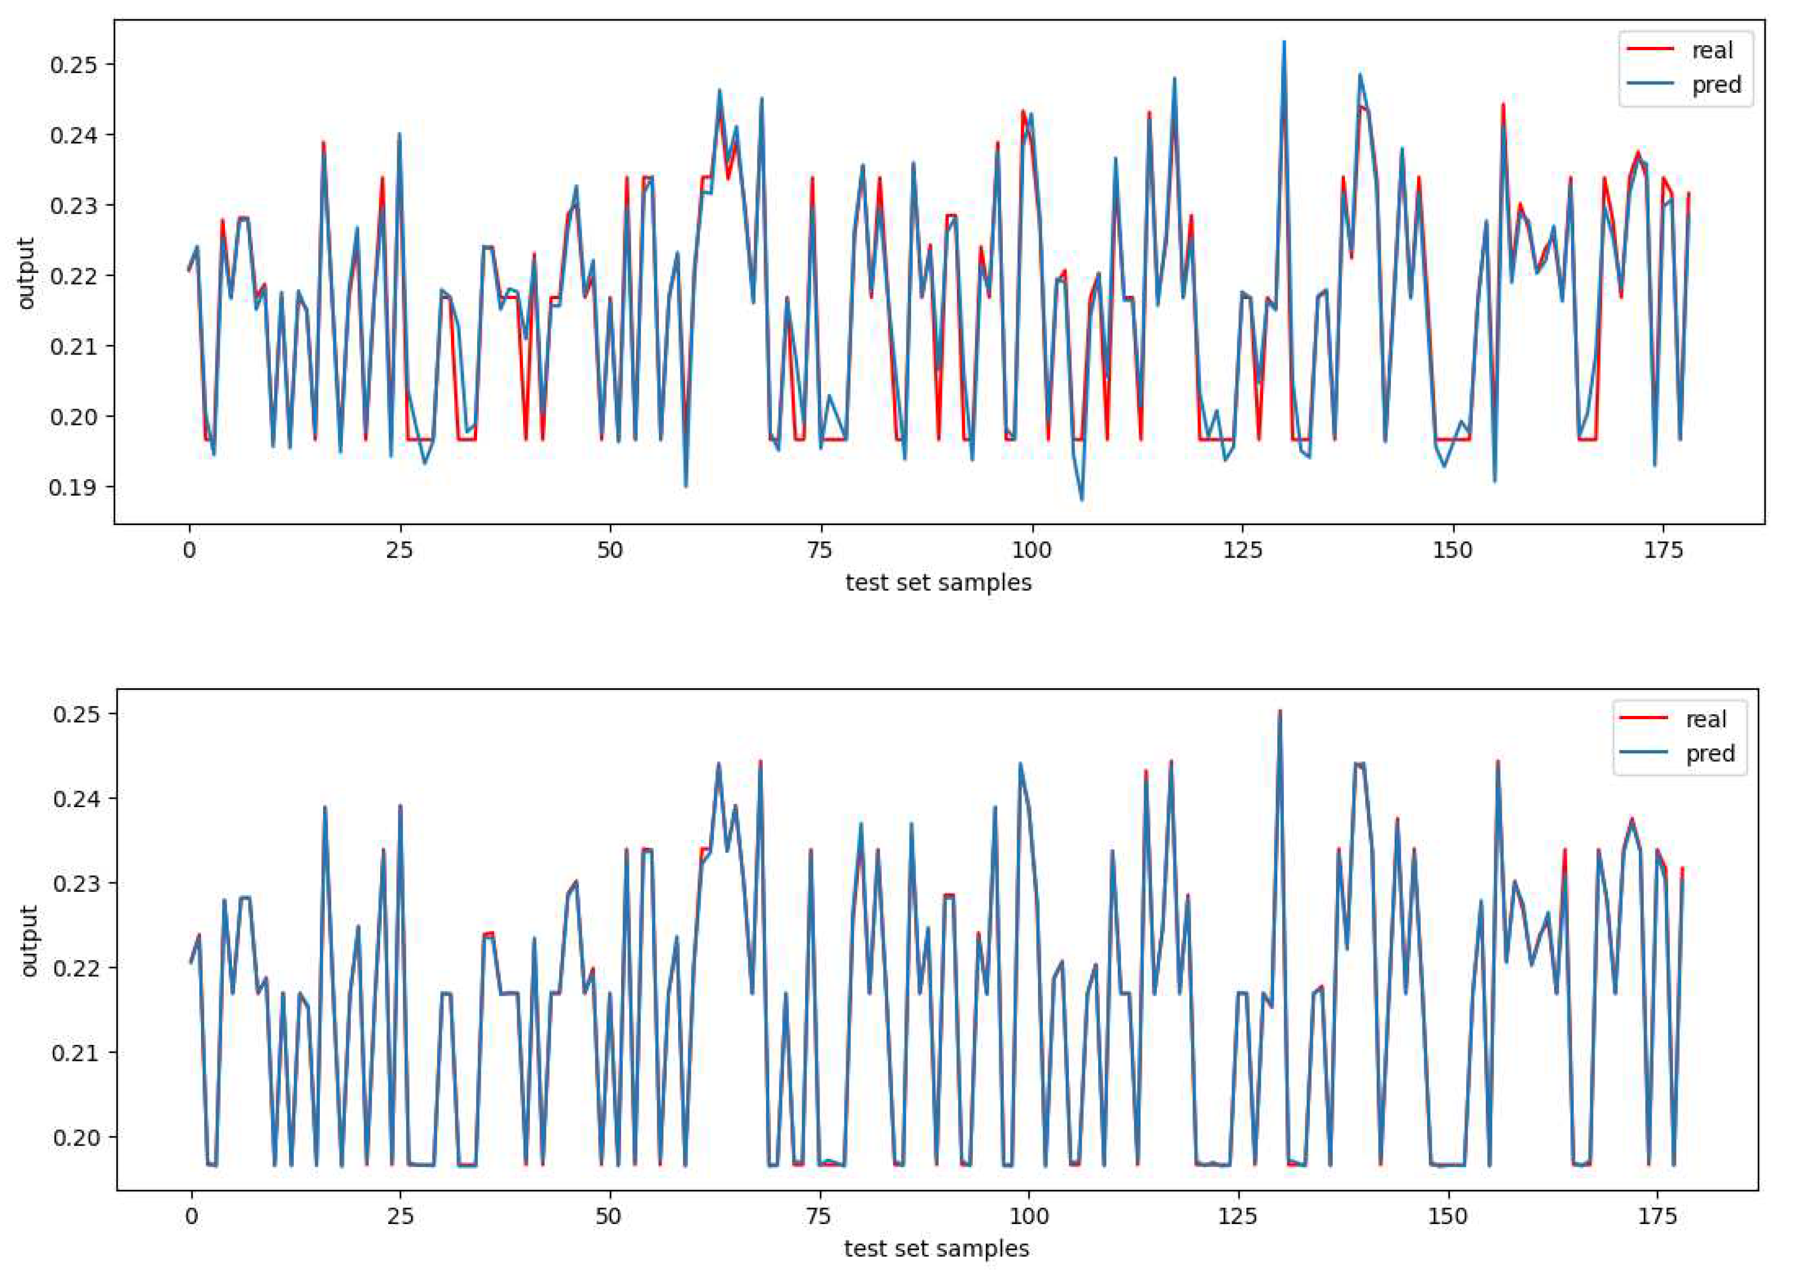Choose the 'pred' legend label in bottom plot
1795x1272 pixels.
1710,753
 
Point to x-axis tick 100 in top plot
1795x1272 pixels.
1032,551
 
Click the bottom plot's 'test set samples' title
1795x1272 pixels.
937,1249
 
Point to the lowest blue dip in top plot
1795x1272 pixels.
1082,500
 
